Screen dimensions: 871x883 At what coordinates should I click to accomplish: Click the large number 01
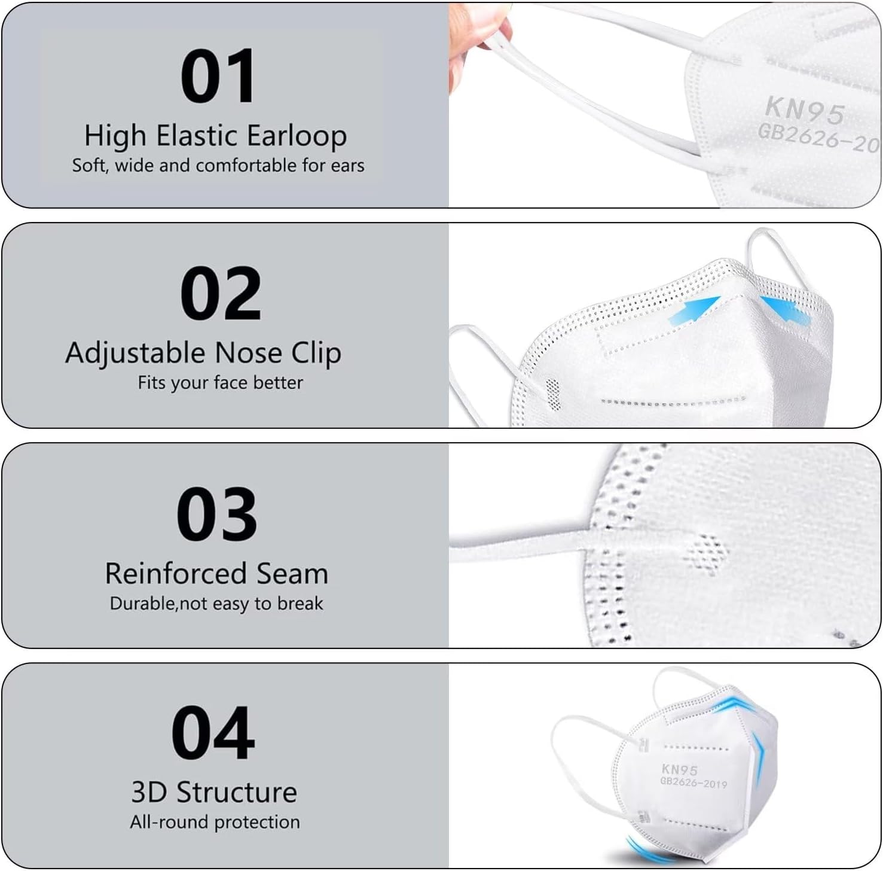218,77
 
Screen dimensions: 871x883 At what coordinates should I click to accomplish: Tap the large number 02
220,294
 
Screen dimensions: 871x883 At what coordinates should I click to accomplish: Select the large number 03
216,514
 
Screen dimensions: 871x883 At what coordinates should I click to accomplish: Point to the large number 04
213,733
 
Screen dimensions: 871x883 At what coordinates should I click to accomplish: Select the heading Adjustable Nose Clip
203,353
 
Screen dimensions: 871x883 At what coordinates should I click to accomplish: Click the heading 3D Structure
214,792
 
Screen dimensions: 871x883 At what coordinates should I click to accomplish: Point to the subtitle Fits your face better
220,382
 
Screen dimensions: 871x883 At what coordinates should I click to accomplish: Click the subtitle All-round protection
215,822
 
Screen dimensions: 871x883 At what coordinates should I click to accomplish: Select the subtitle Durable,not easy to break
216,603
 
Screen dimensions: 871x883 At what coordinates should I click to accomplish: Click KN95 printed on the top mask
805,110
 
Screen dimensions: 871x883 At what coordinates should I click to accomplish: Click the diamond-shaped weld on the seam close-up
708,554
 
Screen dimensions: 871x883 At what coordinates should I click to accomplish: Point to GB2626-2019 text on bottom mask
693,782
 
